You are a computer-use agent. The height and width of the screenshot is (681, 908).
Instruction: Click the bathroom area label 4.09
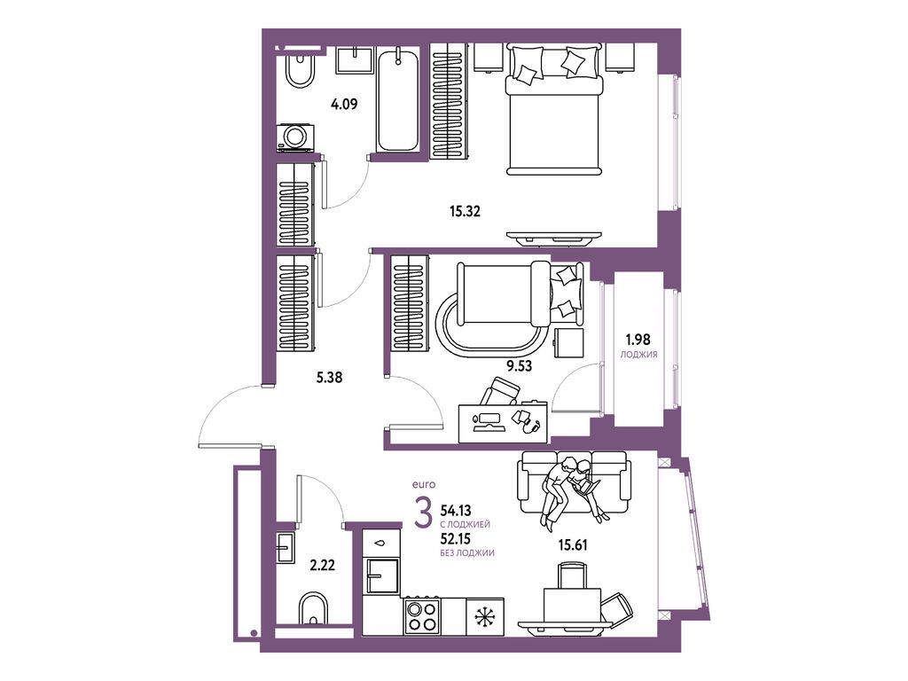344,105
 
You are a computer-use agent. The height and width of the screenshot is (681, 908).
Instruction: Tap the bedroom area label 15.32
465,211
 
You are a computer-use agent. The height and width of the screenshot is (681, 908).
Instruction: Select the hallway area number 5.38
329,378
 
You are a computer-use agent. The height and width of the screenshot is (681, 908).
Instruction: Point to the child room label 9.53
519,365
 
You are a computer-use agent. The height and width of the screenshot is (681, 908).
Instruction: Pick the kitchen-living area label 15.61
572,544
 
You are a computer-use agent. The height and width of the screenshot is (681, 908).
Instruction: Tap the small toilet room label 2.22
322,565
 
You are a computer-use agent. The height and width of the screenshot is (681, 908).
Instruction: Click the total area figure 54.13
456,511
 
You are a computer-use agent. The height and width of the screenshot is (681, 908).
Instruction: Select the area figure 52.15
455,539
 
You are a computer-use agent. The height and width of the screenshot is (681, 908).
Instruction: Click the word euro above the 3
423,485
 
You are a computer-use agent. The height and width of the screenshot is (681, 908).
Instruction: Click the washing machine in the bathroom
295,137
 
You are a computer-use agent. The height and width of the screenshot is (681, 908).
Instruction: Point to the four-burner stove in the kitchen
421,615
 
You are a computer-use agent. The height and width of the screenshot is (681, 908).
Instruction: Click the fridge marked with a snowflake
485,616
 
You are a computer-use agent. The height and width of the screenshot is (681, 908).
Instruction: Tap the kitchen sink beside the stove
381,575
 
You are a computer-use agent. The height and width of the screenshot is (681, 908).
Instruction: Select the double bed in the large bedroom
554,110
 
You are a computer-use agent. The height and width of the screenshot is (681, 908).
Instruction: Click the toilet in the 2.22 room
313,608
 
